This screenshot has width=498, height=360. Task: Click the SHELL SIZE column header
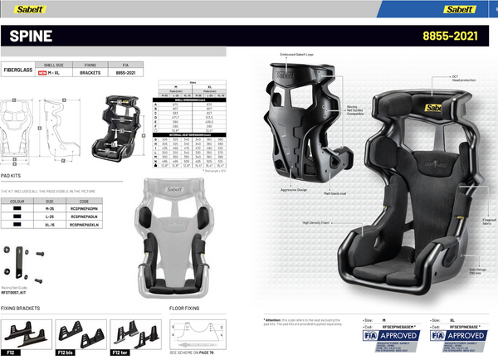pyautogui.click(x=54, y=64)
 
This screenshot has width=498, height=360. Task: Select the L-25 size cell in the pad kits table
pyautogui.click(x=50, y=216)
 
